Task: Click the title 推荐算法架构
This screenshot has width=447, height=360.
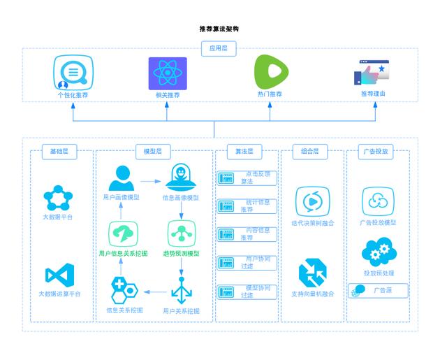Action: pos(219,29)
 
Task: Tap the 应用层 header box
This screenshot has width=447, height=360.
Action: pos(219,49)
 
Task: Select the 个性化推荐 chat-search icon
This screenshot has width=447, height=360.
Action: pos(73,73)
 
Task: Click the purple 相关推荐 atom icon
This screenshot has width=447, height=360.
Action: pos(168,73)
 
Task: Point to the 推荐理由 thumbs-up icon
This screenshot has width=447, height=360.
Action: pos(373,73)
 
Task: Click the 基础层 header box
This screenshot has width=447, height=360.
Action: pos(59,151)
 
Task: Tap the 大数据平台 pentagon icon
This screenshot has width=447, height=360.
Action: pos(58,199)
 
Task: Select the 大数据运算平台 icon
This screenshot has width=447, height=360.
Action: pos(59,274)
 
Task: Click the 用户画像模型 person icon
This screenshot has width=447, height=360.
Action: pos(122,178)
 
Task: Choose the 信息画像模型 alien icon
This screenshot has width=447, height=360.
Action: pos(181,178)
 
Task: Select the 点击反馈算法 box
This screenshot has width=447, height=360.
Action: pos(247,178)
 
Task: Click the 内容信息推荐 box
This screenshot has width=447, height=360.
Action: pos(247,234)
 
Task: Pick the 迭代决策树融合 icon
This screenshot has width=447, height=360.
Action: pos(312,201)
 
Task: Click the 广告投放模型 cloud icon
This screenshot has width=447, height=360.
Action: pos(378,201)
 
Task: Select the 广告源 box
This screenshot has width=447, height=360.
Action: pos(378,290)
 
